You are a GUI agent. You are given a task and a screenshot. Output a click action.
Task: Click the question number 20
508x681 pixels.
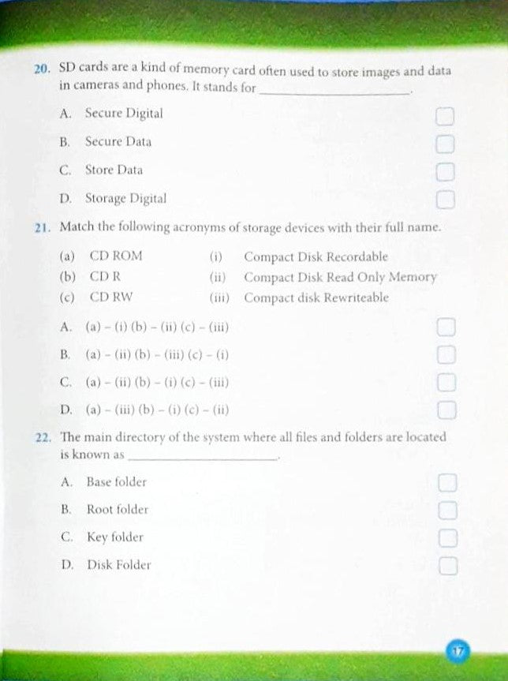42,69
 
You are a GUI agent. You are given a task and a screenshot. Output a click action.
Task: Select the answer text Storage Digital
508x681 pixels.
125,198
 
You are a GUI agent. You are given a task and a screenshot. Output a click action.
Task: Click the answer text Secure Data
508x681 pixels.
118,142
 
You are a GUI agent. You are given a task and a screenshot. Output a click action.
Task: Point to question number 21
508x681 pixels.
43,227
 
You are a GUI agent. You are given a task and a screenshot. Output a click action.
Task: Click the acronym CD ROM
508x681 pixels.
116,256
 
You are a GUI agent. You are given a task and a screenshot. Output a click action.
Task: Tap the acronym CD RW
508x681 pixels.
111,297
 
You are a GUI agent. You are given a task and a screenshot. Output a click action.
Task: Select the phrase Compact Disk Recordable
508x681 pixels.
316,256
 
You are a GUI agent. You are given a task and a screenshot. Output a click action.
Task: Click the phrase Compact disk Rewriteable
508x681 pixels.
316,297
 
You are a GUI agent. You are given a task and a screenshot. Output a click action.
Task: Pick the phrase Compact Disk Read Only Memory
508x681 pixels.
340,277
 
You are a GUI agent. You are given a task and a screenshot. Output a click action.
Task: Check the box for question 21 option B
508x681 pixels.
446,354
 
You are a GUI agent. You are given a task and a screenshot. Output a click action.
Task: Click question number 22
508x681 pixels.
43,437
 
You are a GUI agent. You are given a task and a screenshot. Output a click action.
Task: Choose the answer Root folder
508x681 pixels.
117,509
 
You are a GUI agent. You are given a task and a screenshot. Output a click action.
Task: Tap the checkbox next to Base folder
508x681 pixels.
447,483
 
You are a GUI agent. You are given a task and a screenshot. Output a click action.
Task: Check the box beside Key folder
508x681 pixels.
447,538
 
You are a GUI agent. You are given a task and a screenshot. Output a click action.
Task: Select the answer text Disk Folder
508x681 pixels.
118,564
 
